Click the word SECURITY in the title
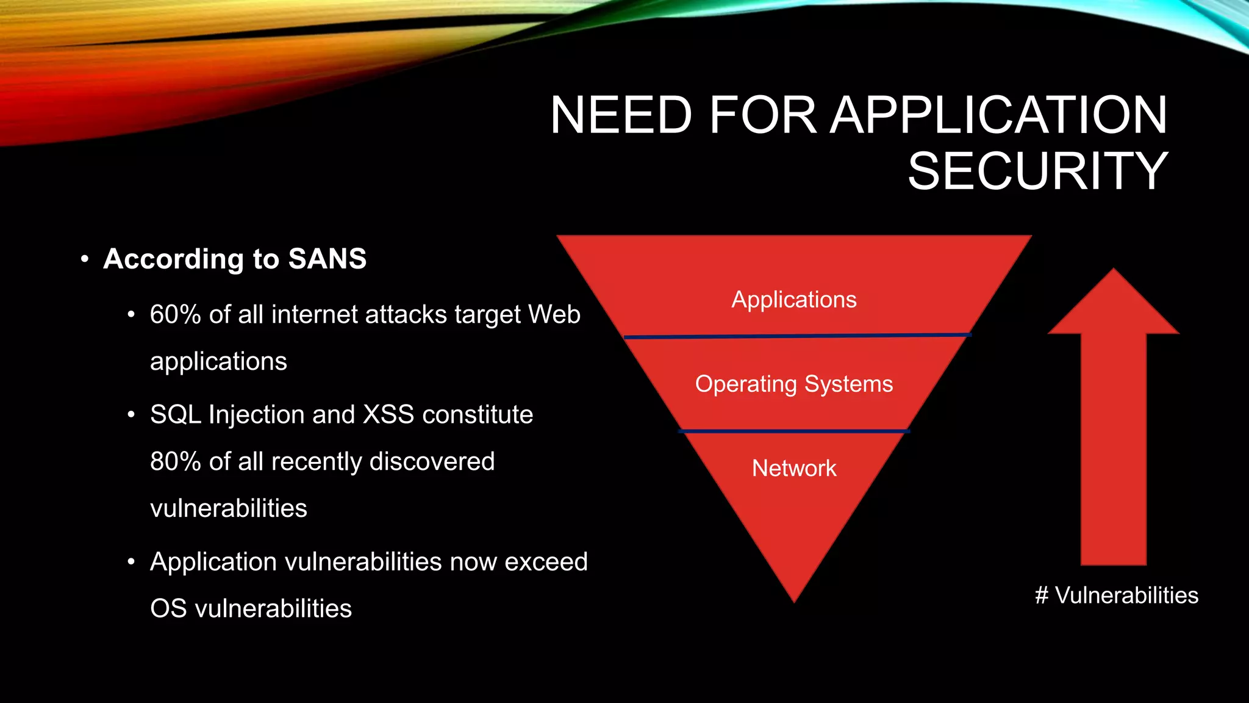click(x=1037, y=171)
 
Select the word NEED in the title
click(x=621, y=115)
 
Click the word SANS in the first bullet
click(x=327, y=259)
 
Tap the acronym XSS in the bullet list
click(x=388, y=415)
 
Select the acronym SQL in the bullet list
click(x=176, y=415)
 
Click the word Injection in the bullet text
click(x=257, y=415)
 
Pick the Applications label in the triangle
click(x=794, y=300)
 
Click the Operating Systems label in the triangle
click(x=794, y=384)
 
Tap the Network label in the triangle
click(x=794, y=469)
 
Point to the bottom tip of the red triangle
click(x=794, y=599)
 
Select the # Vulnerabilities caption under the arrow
click(x=1117, y=595)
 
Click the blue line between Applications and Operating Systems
click(x=796, y=336)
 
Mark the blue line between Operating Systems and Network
click(x=794, y=431)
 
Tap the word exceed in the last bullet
click(x=546, y=562)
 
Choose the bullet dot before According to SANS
click(x=85, y=259)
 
